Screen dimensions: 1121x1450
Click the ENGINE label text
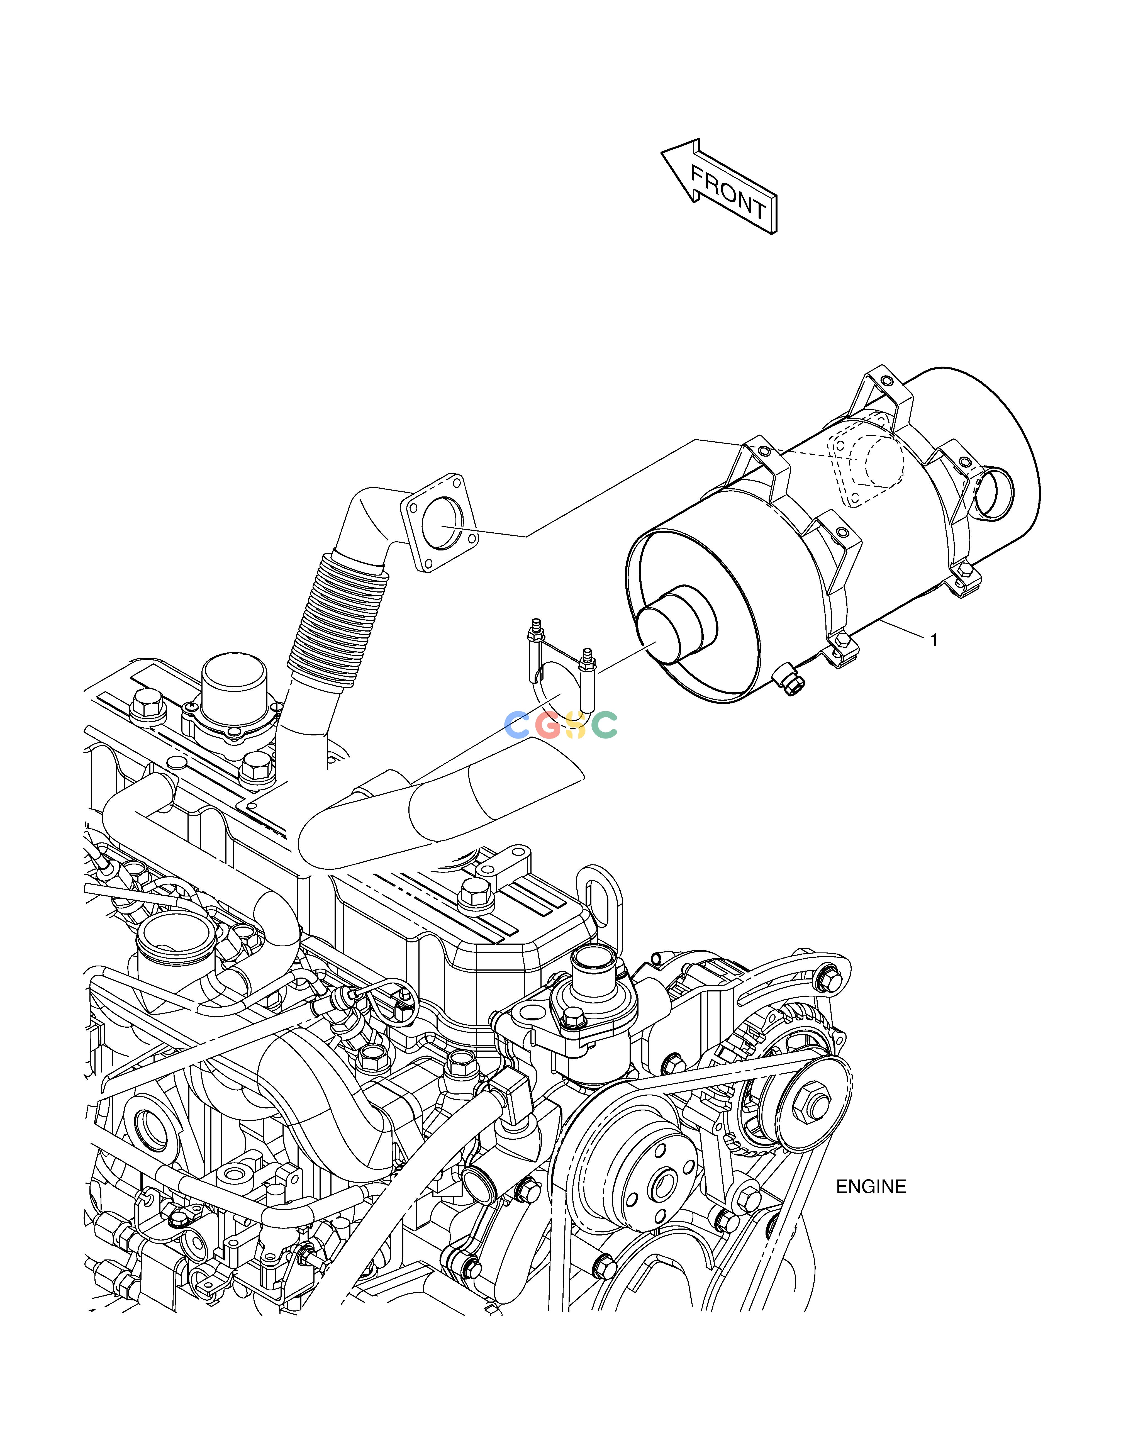pos(871,1186)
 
